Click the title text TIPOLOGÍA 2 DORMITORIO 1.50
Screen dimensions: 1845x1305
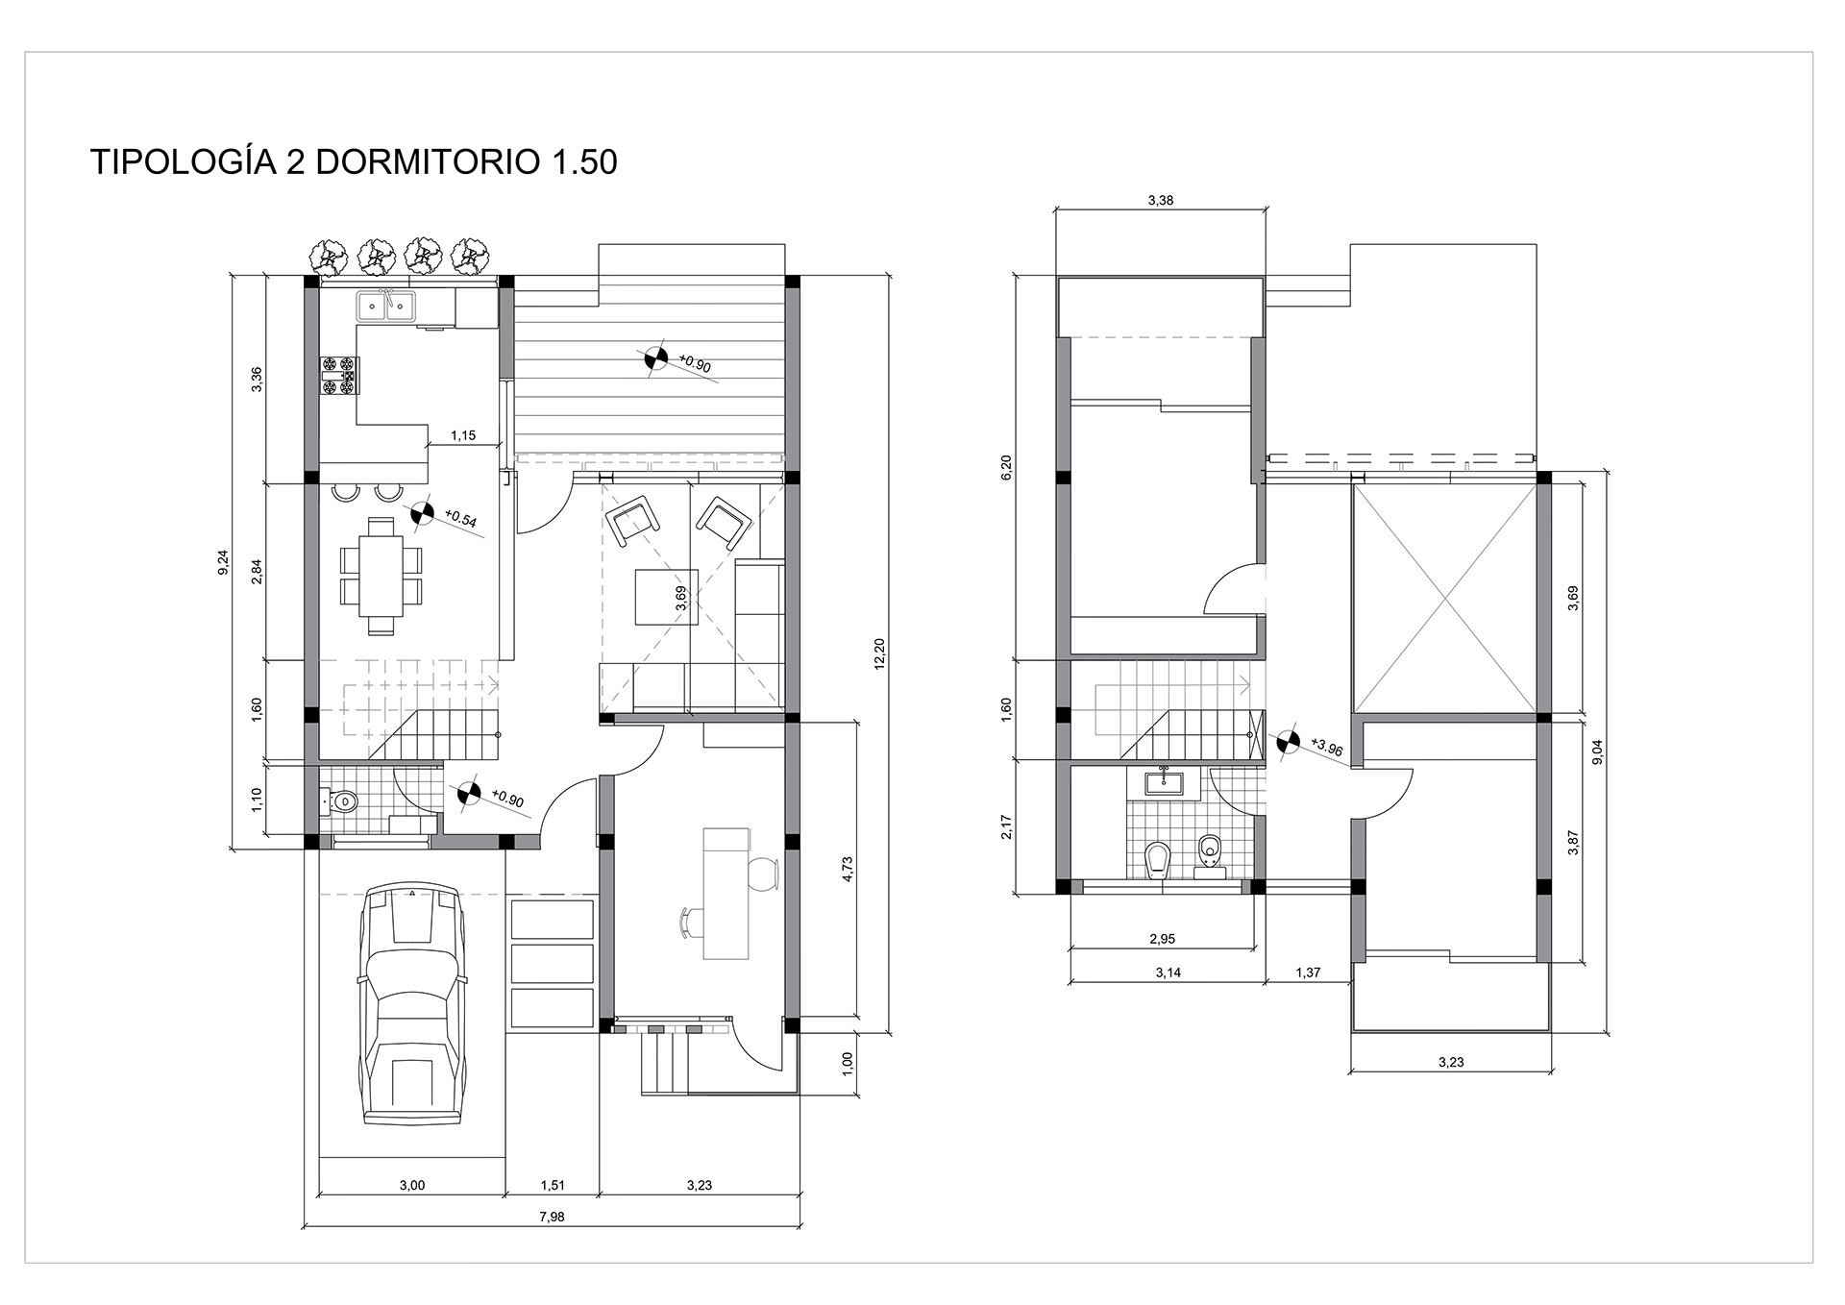coord(354,162)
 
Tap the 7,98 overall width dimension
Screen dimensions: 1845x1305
coord(552,1216)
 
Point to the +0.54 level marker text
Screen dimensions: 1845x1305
coord(461,520)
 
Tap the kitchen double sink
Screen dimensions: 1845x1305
coord(386,306)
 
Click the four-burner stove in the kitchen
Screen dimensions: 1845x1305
coord(338,375)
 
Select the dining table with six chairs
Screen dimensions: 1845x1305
coord(381,576)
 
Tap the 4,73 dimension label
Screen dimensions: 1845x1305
coord(847,869)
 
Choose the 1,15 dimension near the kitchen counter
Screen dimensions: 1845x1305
coord(463,435)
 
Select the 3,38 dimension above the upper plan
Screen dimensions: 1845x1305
coord(1161,201)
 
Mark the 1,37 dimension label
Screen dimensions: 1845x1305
coord(1308,973)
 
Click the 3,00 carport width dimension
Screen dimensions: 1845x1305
coord(411,1185)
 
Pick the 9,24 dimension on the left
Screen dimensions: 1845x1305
coord(224,561)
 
